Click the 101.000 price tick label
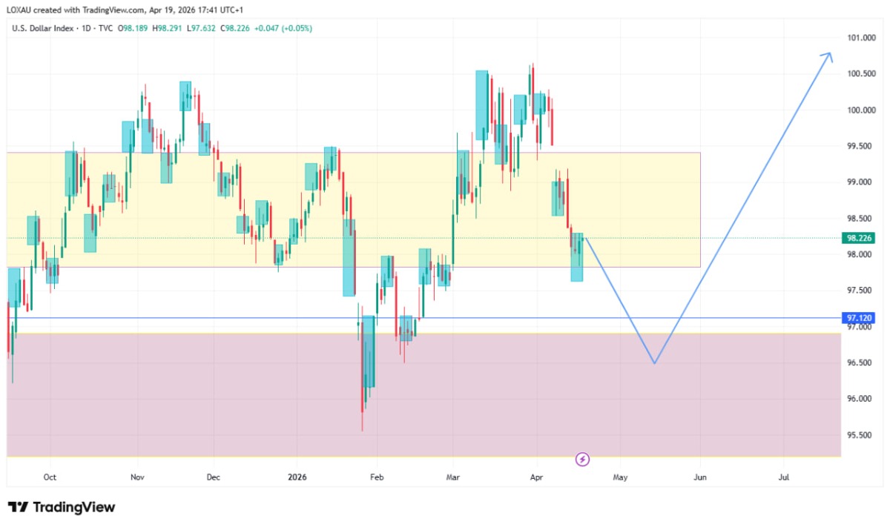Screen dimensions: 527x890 pos(860,38)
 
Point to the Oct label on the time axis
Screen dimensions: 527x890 pos(50,477)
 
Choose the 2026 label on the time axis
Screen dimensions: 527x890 pos(297,477)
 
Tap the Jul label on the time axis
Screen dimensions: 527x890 pos(784,477)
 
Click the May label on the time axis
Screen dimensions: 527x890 pos(620,477)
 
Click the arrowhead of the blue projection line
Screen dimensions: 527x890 pos(829,55)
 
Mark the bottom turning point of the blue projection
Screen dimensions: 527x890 pos(654,363)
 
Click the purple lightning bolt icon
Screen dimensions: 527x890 pos(583,460)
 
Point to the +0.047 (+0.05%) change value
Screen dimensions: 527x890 pos(283,28)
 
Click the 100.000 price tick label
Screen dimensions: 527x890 pos(860,110)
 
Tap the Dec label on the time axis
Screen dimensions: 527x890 pos(213,477)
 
